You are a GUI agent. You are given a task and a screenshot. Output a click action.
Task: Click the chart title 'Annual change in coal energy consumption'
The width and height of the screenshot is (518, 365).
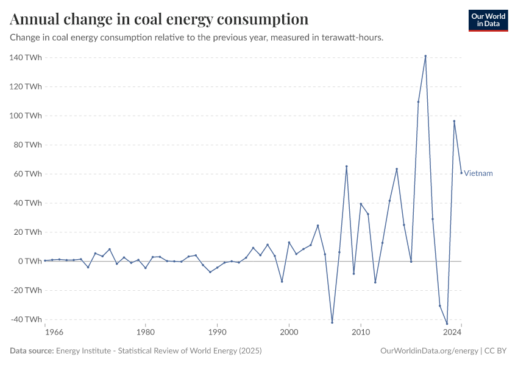pos(159,19)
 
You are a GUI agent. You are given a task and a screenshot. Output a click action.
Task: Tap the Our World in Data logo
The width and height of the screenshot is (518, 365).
pos(488,20)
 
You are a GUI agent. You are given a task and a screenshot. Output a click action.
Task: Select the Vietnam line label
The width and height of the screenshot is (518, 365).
pos(478,173)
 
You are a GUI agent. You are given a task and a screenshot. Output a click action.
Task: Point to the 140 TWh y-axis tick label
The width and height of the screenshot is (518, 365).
pos(26,57)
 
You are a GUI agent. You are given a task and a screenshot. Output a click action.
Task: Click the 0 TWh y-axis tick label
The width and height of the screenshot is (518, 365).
pos(30,261)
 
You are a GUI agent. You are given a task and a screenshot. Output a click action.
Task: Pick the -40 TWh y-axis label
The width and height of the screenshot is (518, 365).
pos(26,319)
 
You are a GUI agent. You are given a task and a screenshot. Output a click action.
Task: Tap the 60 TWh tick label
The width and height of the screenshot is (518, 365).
pos(27,174)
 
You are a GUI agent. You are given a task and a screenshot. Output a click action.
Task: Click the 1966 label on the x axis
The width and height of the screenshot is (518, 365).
pos(54,332)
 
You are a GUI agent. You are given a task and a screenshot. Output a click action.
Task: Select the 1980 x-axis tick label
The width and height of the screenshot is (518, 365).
pos(145,332)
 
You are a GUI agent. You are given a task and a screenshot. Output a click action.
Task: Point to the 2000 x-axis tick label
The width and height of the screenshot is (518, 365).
pos(289,332)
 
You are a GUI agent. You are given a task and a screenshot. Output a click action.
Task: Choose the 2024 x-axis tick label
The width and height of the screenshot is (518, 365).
pos(452,332)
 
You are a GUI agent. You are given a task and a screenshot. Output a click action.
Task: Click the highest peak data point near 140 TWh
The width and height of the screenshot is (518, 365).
pos(425,56)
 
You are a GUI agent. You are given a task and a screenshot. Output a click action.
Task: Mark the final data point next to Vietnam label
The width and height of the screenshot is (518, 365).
pos(461,173)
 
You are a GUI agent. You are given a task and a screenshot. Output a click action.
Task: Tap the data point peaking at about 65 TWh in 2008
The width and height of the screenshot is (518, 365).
pos(347,166)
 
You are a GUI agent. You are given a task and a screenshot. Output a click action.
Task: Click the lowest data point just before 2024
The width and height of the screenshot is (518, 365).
pos(447,324)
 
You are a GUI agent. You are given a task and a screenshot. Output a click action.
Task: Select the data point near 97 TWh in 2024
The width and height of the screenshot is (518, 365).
pos(454,120)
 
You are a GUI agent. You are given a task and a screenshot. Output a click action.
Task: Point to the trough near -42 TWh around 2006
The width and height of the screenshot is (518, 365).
pos(332,322)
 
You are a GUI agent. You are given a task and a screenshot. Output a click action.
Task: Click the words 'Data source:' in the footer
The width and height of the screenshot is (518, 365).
pos(32,351)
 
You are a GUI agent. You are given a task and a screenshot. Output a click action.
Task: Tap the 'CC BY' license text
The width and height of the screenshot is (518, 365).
pos(497,351)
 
